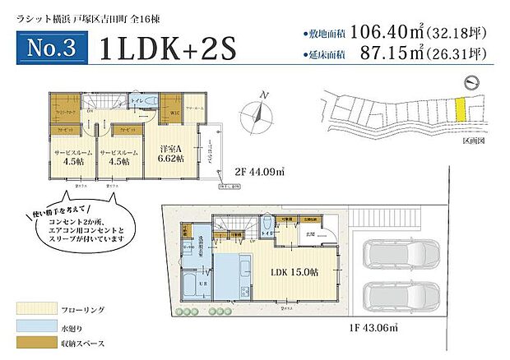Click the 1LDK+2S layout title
[x=167, y=48]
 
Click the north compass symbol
[x=260, y=115]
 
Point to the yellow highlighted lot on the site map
[x=461, y=108]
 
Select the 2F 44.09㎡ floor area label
[x=261, y=173]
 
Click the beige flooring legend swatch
[x=33, y=309]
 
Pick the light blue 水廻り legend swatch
[x=33, y=325]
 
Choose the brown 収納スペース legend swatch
[x=33, y=342]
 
